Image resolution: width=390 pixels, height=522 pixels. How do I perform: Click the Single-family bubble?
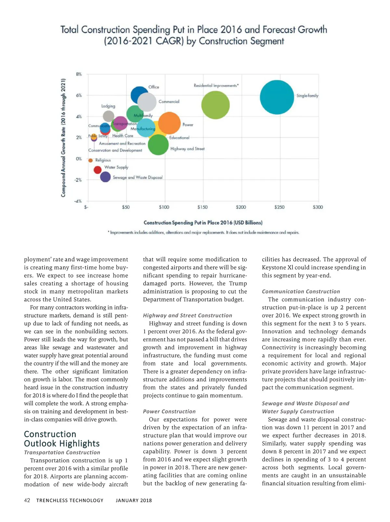(277, 97)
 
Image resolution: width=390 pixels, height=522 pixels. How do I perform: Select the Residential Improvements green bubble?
(215, 105)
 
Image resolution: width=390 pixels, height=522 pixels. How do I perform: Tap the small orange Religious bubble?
(90, 160)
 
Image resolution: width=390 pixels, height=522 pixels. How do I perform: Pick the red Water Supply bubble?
(97, 170)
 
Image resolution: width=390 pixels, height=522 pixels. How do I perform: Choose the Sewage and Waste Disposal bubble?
(105, 177)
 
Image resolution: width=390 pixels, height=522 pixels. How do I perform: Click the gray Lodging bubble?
(109, 116)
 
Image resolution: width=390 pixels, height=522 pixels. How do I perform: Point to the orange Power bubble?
(169, 123)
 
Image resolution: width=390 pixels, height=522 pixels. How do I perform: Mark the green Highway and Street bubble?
(158, 145)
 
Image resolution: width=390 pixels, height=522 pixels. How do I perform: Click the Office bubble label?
(154, 87)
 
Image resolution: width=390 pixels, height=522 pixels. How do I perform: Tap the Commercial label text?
(169, 102)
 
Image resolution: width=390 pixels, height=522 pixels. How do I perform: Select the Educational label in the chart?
(179, 138)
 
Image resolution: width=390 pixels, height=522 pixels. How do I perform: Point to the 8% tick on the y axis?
(79, 74)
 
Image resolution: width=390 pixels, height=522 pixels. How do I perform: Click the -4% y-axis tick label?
(78, 201)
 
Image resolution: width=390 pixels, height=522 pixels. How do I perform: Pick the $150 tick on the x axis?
(202, 207)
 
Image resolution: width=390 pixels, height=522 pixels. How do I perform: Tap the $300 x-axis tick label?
(318, 207)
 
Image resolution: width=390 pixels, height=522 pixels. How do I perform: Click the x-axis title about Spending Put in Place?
(203, 223)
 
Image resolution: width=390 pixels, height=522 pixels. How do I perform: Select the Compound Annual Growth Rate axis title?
(63, 137)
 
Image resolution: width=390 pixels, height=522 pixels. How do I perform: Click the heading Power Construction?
(169, 411)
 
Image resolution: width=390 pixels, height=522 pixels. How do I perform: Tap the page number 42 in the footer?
(27, 500)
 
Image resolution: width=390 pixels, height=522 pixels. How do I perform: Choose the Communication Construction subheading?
(301, 292)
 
